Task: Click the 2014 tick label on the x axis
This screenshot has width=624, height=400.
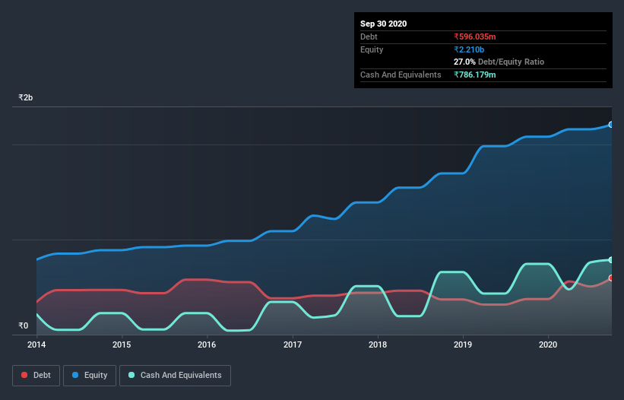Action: tap(36, 344)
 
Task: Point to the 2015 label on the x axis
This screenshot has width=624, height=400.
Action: tap(122, 344)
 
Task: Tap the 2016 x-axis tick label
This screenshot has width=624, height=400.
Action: tap(207, 344)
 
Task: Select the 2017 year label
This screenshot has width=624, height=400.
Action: tap(293, 344)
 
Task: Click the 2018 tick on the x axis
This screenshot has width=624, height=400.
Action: tap(378, 344)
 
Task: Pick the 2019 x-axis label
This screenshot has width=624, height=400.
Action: tap(463, 344)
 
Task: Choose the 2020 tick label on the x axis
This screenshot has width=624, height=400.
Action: tap(548, 344)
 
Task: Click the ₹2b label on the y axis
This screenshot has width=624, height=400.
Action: tap(26, 98)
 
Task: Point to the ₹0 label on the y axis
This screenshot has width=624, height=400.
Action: tap(23, 326)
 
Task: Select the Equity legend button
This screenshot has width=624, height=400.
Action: tap(90, 375)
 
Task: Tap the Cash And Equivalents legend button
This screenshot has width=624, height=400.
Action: tap(175, 375)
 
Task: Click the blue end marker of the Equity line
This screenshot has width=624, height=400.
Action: tap(611, 124)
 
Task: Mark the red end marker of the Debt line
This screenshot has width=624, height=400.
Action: tap(611, 278)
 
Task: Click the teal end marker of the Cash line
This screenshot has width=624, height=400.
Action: tap(611, 260)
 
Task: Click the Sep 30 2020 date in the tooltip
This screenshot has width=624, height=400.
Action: tap(383, 24)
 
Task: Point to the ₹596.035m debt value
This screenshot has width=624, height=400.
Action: tap(476, 37)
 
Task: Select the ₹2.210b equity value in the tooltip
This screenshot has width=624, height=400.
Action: tap(469, 49)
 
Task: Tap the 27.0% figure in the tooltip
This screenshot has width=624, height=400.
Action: tap(464, 62)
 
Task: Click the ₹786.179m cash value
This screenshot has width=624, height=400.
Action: tap(476, 75)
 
